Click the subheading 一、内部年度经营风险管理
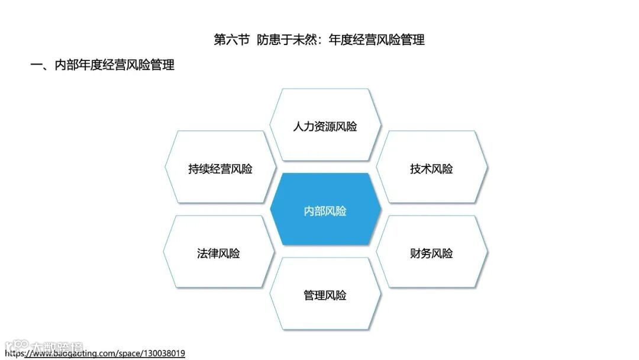point(102,65)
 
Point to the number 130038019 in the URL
point(163,353)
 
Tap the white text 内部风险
point(325,211)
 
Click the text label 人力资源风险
point(325,127)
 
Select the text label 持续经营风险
point(220,169)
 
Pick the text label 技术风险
point(431,169)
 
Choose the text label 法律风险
point(218,253)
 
